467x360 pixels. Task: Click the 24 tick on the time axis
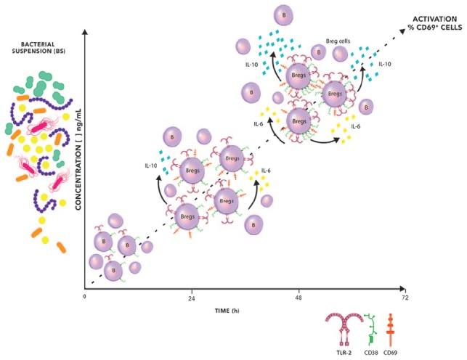point(192,298)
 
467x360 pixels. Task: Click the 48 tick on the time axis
point(299,298)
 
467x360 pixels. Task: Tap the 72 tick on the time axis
point(405,298)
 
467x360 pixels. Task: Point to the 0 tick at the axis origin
point(85,298)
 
